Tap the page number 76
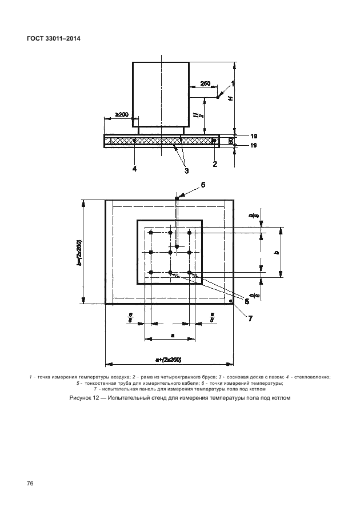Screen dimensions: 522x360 30,484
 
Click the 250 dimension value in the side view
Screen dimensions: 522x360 205,84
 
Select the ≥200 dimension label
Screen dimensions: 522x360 122,115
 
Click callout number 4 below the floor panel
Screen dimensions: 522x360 134,168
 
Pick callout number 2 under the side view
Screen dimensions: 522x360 215,165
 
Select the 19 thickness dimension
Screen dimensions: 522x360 254,146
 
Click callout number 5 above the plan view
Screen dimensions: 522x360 202,185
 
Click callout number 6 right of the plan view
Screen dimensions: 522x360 247,301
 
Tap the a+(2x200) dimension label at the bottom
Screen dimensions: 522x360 169,359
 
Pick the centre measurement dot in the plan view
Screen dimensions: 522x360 170,252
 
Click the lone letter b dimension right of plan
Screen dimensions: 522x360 277,252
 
